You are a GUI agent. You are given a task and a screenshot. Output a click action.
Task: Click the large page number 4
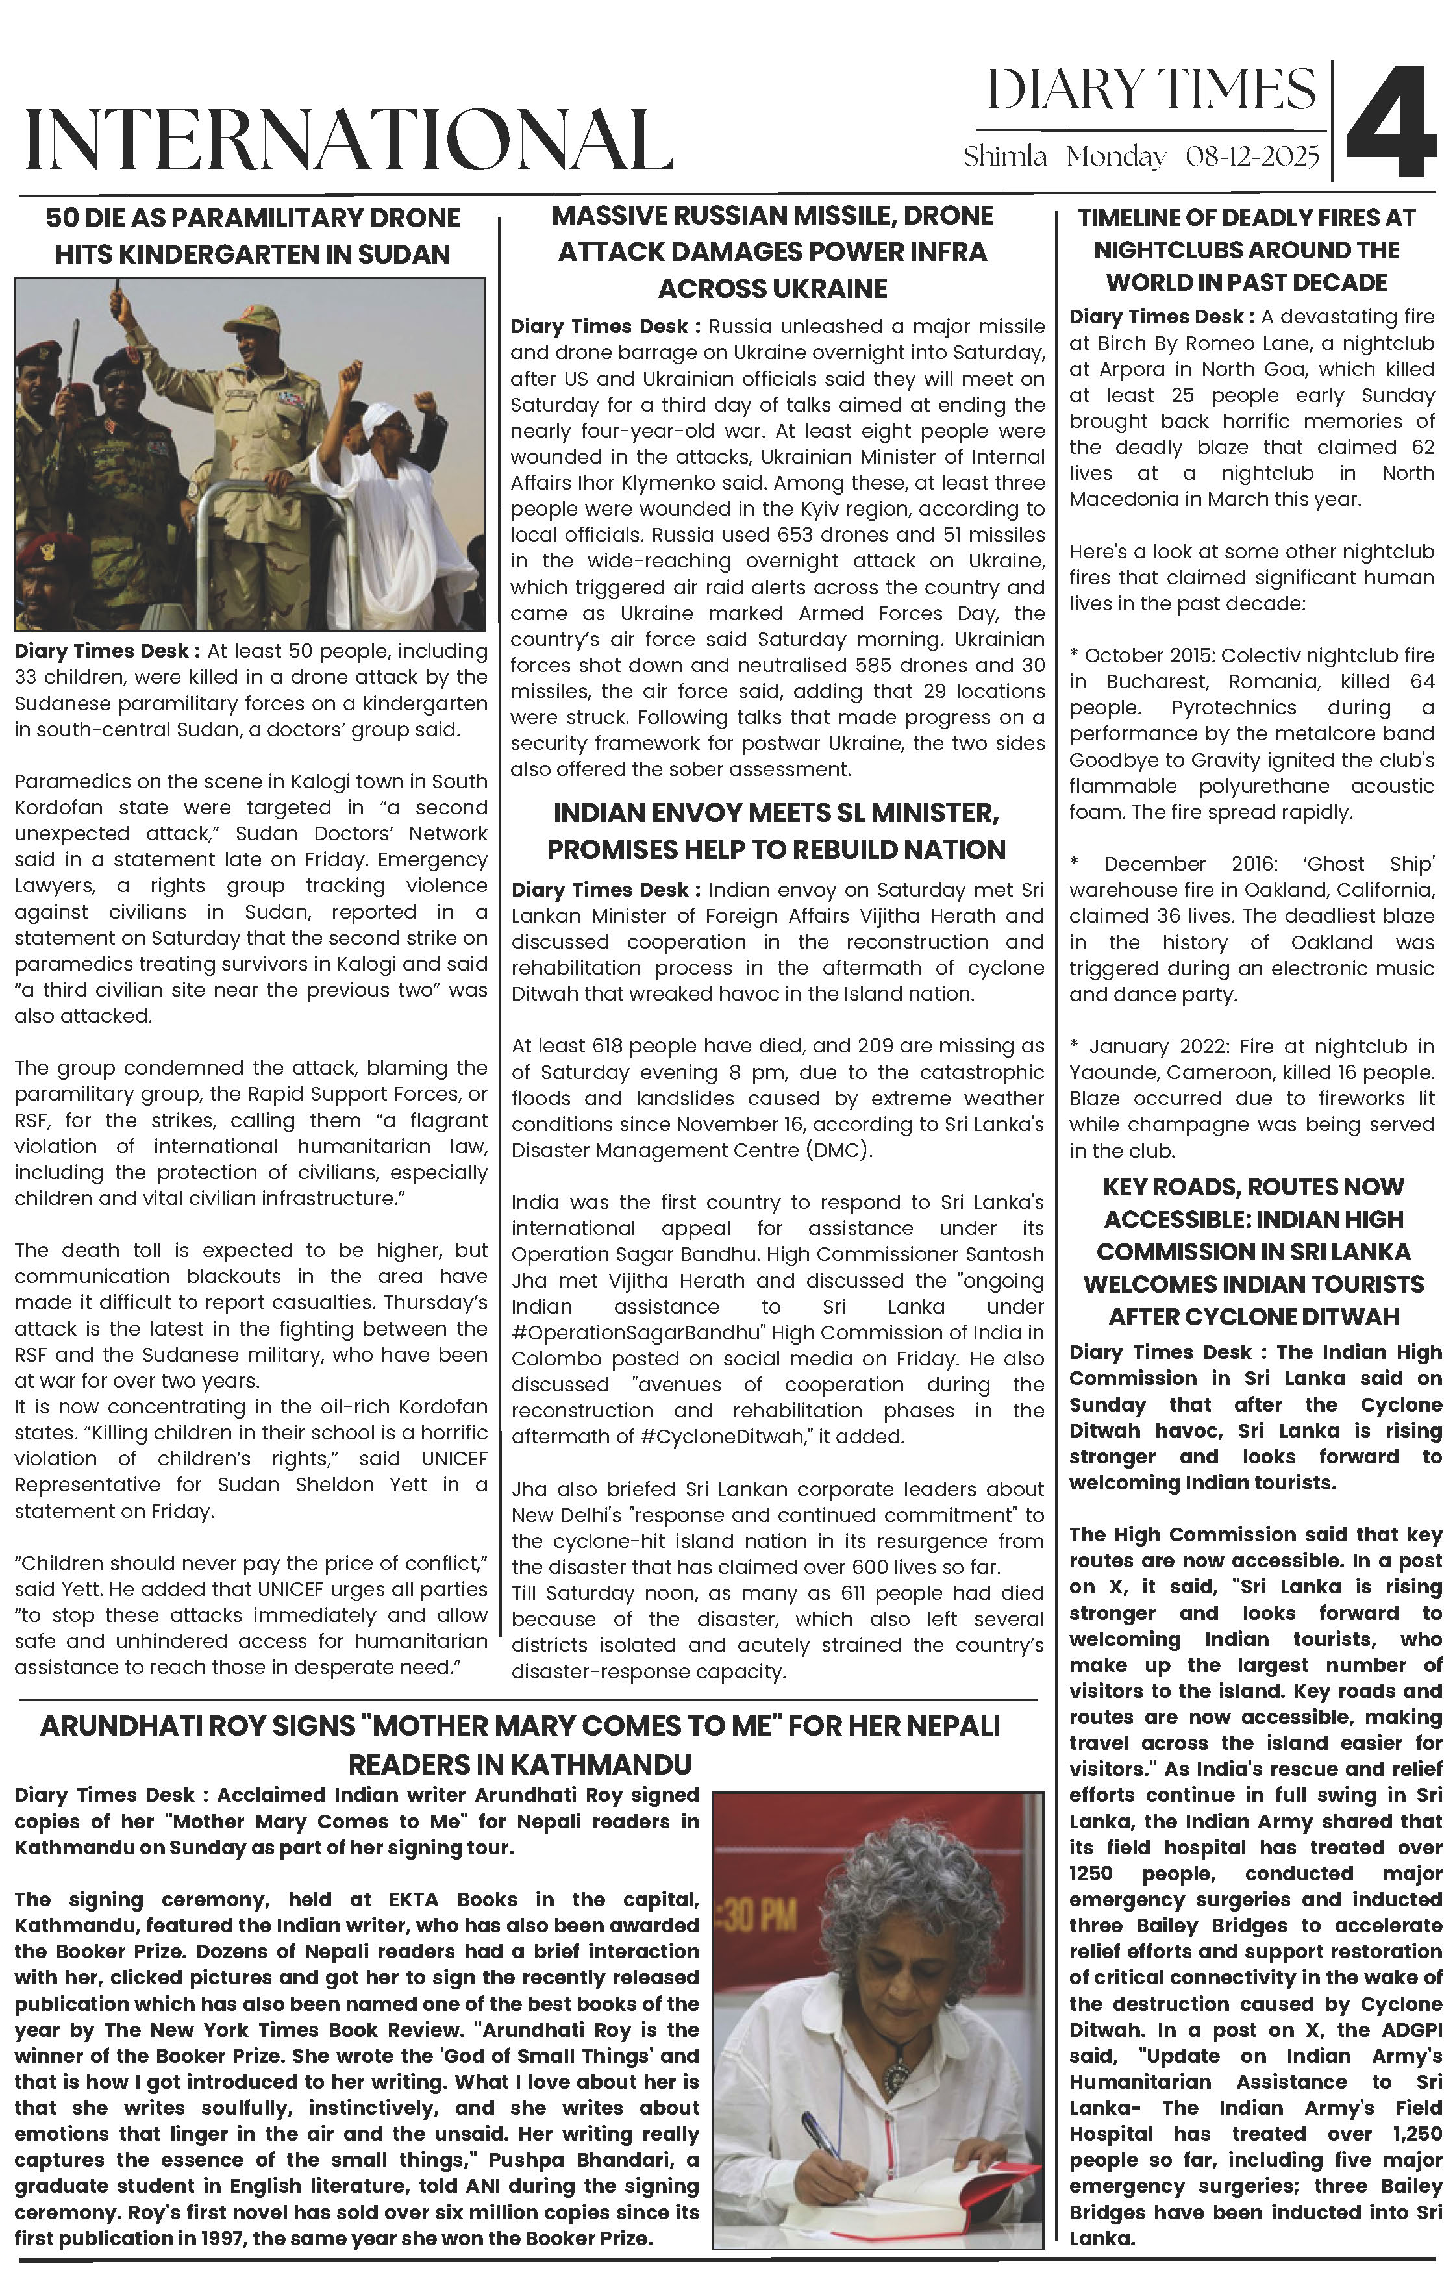click(x=1391, y=121)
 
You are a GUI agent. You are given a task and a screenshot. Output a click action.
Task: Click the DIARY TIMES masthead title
click(x=1150, y=91)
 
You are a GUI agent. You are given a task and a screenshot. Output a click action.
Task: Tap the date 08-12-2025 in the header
click(x=1252, y=156)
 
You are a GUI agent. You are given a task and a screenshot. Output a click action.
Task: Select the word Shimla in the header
click(x=1004, y=156)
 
